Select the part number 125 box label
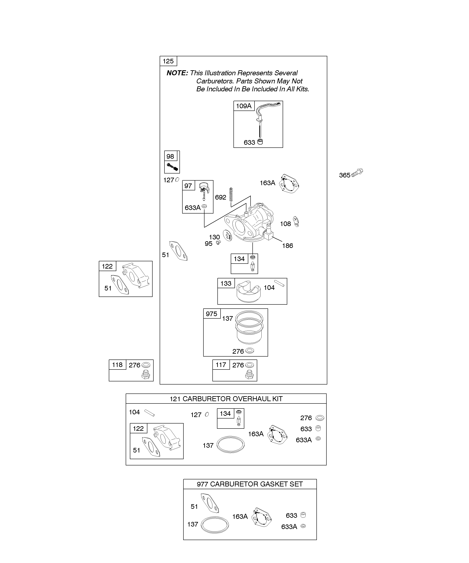coord(168,61)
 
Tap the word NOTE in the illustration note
coord(177,73)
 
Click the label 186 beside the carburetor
coord(288,246)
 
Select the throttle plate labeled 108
coord(296,222)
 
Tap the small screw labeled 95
coord(218,243)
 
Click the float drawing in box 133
coord(248,292)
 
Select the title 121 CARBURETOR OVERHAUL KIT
coord(226,399)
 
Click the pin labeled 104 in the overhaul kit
coord(149,413)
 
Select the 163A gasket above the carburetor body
coord(289,184)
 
